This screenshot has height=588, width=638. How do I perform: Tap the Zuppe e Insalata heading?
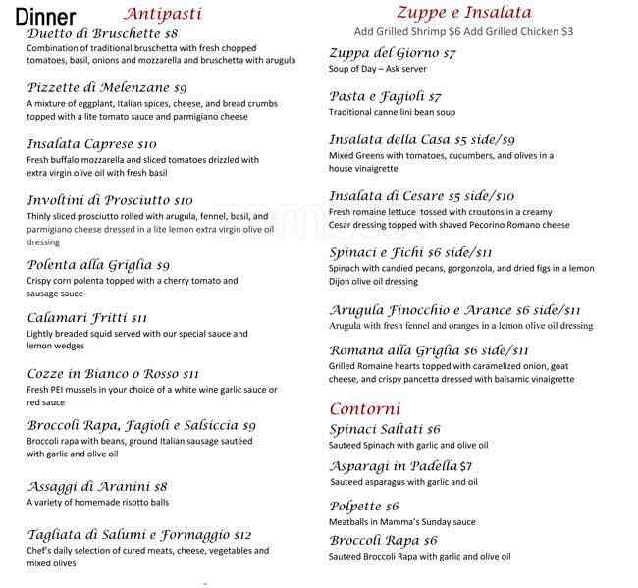[x=463, y=13]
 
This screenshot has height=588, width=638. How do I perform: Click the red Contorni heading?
[x=364, y=408]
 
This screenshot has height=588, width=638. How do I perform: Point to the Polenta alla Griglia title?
[x=88, y=265]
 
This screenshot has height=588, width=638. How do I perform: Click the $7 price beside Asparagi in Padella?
[x=466, y=466]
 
